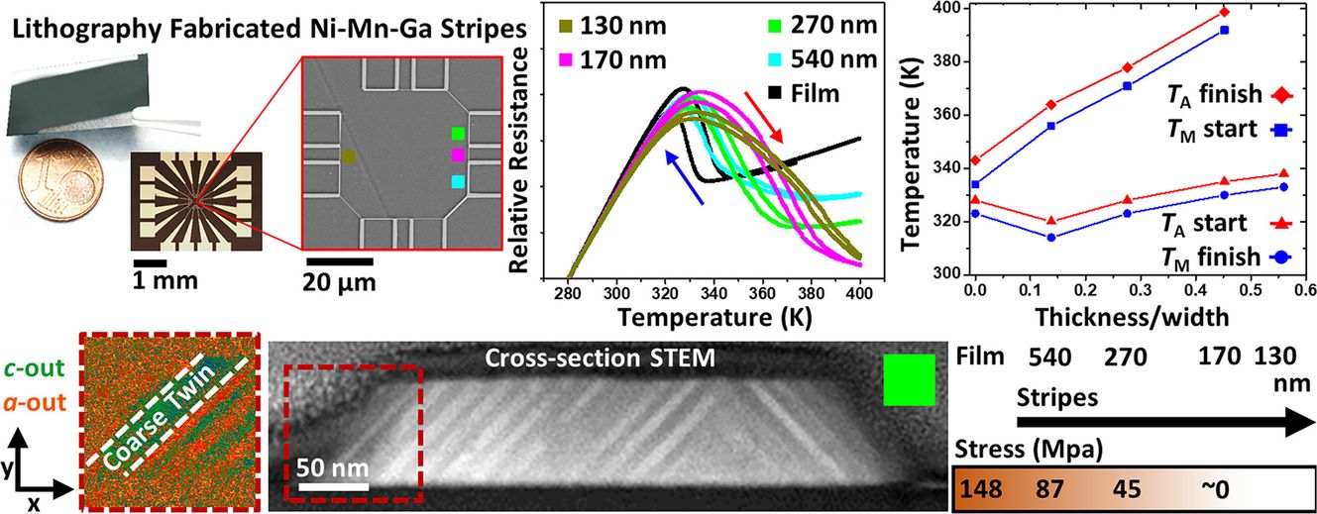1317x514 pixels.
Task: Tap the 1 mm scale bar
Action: [x=150, y=260]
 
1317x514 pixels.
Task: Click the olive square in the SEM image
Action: [x=348, y=155]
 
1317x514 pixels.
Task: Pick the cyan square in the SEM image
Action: [x=457, y=182]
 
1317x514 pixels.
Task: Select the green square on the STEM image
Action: [x=909, y=381]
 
